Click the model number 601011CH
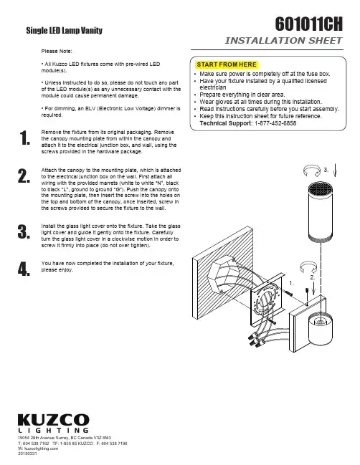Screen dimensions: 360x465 tap(308, 24)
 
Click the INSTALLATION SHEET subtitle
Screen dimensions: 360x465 tap(283, 40)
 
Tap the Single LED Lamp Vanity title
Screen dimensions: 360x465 tap(64, 30)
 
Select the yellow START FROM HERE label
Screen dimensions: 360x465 tap(227, 64)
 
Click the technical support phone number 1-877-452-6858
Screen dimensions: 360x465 tap(275, 123)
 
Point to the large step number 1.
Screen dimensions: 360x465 tap(24, 138)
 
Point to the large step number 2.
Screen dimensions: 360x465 tap(24, 176)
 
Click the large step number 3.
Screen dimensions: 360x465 tap(24, 231)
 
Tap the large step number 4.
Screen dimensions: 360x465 tap(24, 269)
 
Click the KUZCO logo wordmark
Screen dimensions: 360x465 tap(53, 420)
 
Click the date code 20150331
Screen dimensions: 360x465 tap(27, 454)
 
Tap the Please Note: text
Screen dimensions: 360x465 tap(57, 51)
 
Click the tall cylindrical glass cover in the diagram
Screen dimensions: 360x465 tap(320, 212)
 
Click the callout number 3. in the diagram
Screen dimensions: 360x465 tap(326, 170)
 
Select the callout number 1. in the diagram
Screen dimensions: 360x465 tap(291, 283)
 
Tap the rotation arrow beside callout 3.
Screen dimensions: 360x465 tap(312, 171)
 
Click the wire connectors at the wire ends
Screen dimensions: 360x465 tap(254, 340)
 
